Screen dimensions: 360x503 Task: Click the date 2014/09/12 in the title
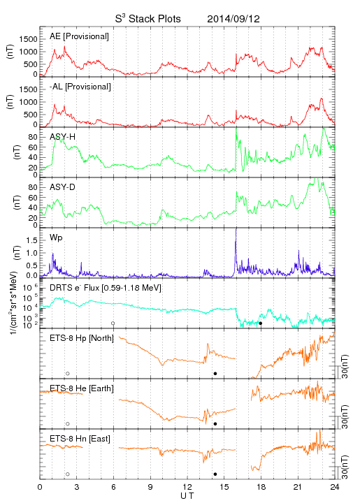[x=233, y=19]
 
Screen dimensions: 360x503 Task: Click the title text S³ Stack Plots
[x=148, y=19]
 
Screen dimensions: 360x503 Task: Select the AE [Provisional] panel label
[x=79, y=36]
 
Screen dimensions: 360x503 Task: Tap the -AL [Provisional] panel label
[x=80, y=87]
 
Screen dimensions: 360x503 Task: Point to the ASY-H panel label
[x=63, y=137]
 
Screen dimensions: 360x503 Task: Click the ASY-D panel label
[x=63, y=187]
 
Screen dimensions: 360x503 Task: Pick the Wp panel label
[x=56, y=238]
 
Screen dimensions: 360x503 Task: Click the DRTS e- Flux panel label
[x=106, y=288]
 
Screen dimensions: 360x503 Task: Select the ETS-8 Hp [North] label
[x=82, y=338]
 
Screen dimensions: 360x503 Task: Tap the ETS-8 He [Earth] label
[x=82, y=388]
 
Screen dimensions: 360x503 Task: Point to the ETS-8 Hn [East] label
[x=80, y=439]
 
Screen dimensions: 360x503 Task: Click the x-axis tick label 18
[x=261, y=487]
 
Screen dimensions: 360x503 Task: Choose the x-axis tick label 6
[x=113, y=487]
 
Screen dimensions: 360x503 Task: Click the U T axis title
[x=187, y=496]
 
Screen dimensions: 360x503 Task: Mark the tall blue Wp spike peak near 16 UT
[x=236, y=228]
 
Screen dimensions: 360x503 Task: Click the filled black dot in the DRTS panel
[x=261, y=323]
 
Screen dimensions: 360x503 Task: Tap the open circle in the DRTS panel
[x=113, y=323]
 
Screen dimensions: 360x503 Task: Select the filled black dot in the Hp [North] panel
[x=215, y=373]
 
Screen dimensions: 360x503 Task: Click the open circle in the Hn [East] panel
[x=68, y=474]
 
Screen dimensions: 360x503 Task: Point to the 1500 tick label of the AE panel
[x=28, y=39]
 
